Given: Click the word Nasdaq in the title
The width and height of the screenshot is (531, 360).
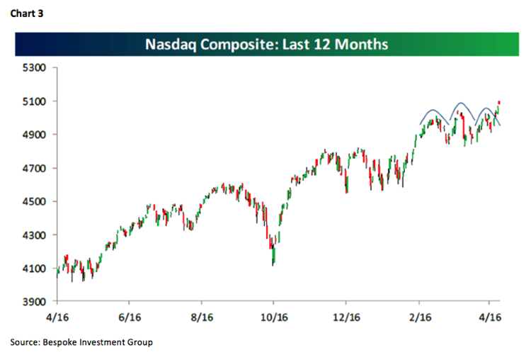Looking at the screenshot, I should (x=171, y=45).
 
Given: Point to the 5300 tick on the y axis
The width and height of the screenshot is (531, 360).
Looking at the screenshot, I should (x=34, y=68).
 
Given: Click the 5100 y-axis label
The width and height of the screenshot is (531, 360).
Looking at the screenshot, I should (x=34, y=101).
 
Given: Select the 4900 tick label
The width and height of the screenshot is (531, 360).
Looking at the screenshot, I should (x=34, y=135).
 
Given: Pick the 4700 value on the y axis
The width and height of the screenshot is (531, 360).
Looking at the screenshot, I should (x=34, y=169).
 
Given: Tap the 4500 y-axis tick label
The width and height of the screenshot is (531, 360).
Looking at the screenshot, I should (x=34, y=202).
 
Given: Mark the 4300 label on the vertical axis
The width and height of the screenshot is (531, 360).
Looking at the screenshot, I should (x=34, y=235).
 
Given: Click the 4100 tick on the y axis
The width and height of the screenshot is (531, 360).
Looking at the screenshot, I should (x=34, y=269).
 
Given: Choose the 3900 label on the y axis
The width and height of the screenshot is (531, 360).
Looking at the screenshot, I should (x=34, y=302).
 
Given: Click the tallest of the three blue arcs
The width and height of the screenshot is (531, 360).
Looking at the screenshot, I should (x=460, y=104).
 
